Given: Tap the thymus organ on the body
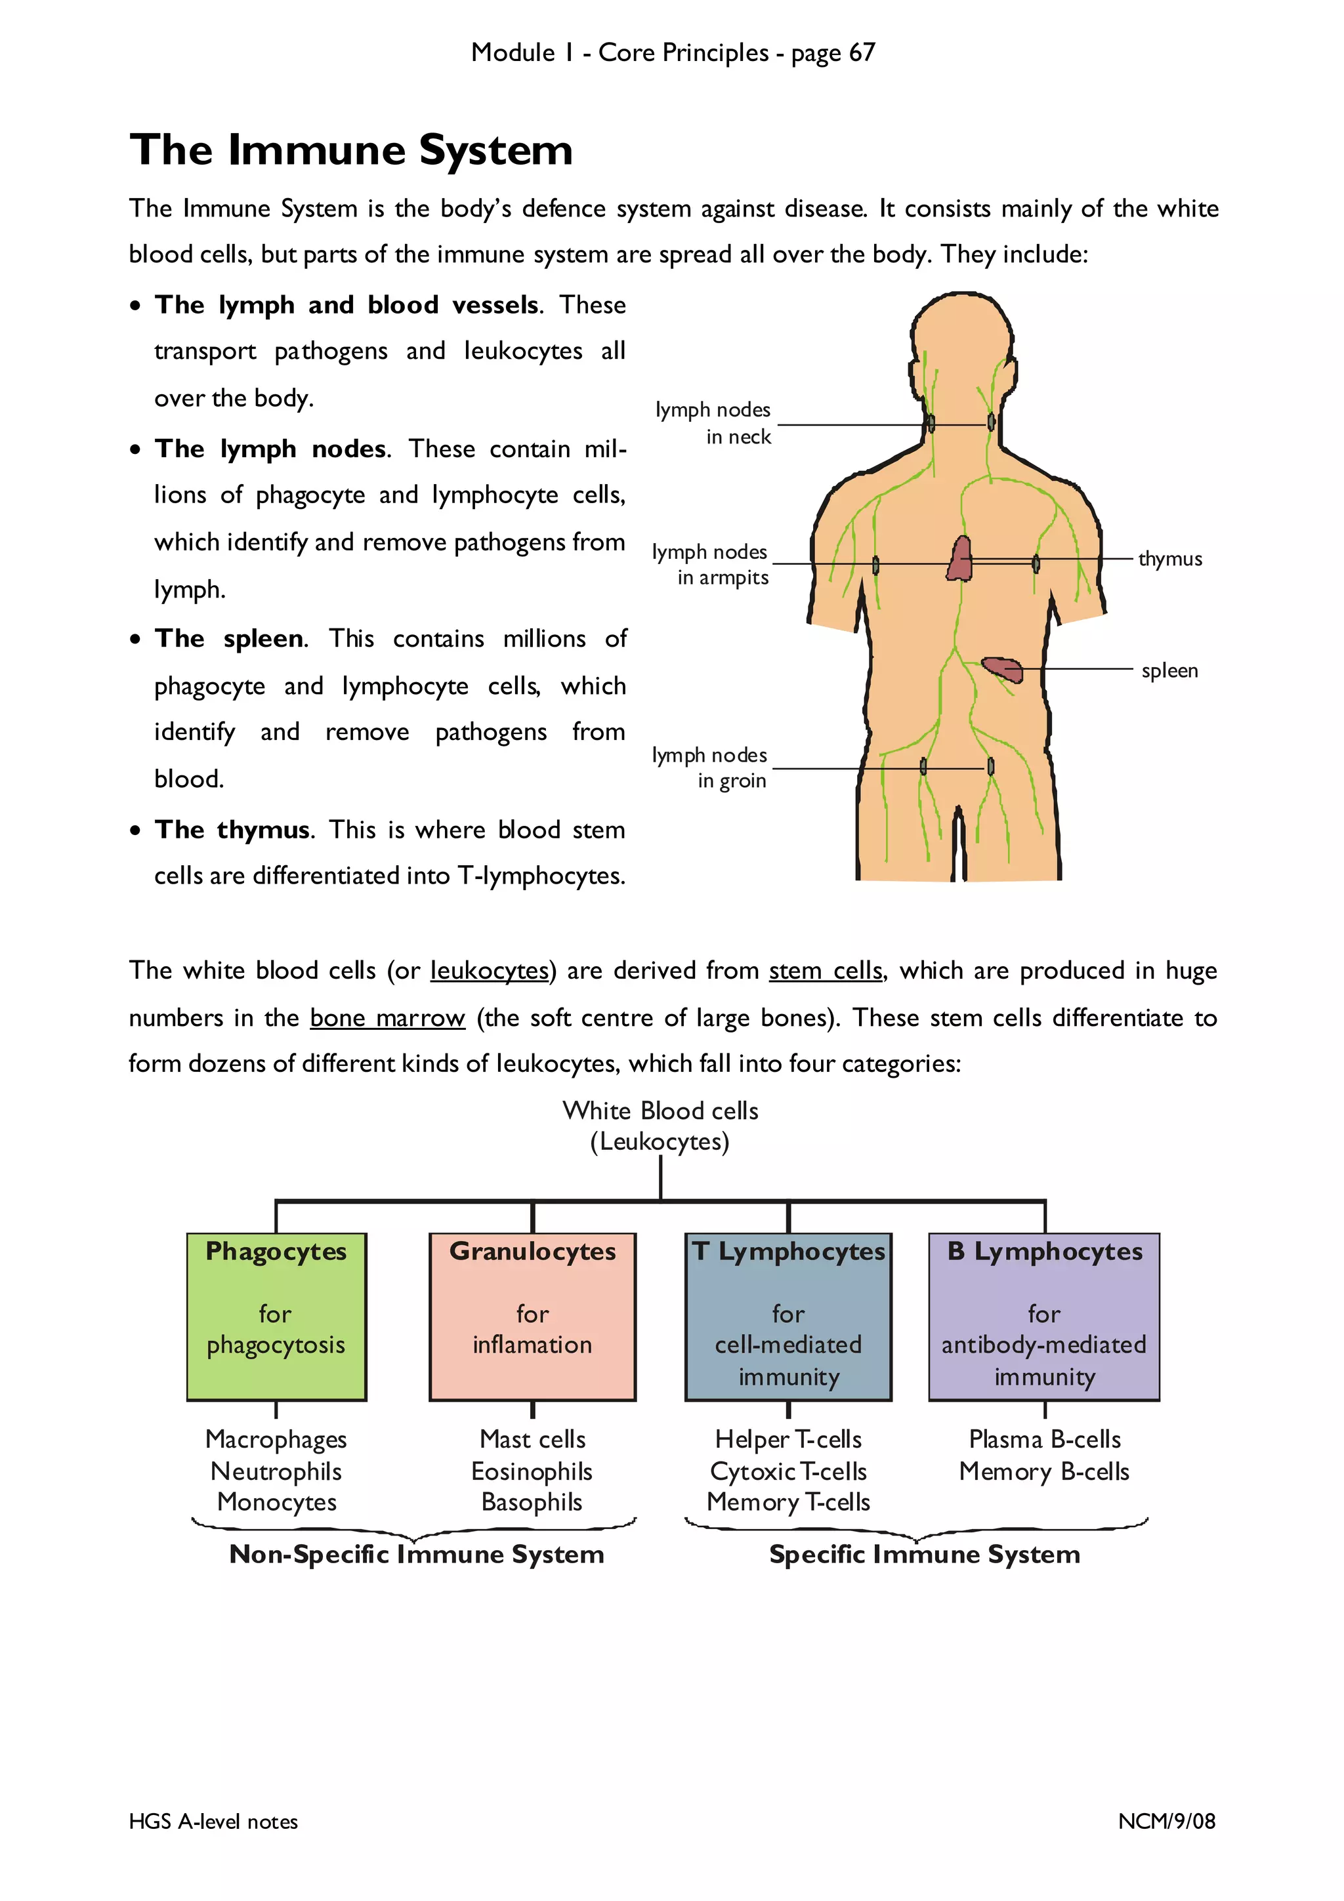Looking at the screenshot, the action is [959, 559].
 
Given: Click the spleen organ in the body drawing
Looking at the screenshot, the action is [1003, 669].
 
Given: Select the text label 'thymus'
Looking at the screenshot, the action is [1169, 559].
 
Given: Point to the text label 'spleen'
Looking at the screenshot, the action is [1168, 670].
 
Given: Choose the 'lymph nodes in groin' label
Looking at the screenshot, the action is [709, 767].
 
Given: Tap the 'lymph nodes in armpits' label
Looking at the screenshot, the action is [711, 565].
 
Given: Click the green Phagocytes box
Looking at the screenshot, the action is [276, 1317].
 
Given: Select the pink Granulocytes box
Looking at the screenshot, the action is [532, 1317].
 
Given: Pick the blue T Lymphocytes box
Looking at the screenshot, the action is [788, 1317].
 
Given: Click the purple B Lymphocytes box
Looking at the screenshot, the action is [1044, 1317].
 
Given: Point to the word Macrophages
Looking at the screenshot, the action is [276, 1440].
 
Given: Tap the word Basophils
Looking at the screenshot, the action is [532, 1502].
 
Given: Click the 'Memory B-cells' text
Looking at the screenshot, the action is [1044, 1471].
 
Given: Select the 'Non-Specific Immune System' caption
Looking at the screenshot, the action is [417, 1554].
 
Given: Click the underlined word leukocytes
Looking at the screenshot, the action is [490, 970].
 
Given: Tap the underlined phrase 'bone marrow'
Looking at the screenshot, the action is [388, 1017].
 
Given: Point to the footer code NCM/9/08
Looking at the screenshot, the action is [1166, 1821].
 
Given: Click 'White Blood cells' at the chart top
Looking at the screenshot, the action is [660, 1111].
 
